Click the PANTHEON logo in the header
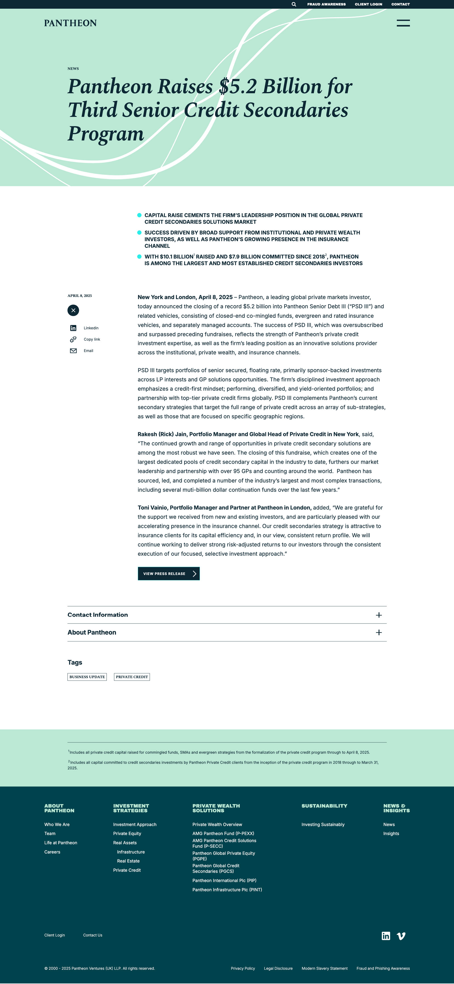[x=70, y=23]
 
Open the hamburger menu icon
[x=403, y=23]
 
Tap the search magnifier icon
[x=294, y=4]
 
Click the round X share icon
[x=73, y=310]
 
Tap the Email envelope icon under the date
[x=73, y=351]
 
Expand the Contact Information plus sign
[x=379, y=615]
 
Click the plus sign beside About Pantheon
[x=379, y=633]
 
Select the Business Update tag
[x=87, y=677]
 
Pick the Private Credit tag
[x=132, y=677]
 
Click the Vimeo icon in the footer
[x=401, y=936]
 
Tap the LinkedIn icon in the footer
[x=386, y=936]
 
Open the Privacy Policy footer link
[x=243, y=968]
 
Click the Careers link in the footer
[x=52, y=852]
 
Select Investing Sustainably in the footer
[x=323, y=824]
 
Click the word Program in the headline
[x=106, y=134]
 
